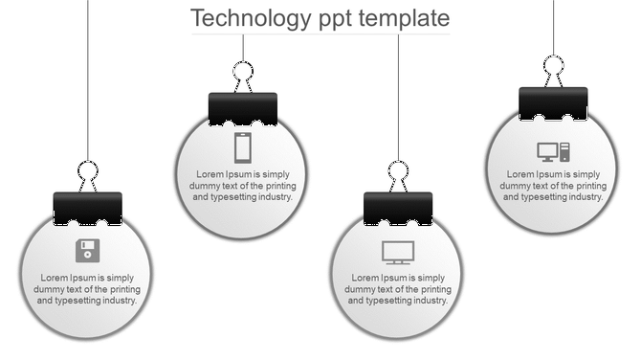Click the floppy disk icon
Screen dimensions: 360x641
click(87, 251)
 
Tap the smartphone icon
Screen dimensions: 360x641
click(243, 147)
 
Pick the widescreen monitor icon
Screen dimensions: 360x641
click(398, 252)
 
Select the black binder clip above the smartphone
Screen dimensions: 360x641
click(243, 109)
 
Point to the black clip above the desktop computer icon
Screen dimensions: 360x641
click(553, 103)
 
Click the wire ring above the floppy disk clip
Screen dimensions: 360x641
click(88, 173)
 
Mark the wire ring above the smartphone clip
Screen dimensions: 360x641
click(243, 73)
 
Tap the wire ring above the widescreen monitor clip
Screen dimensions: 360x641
click(398, 172)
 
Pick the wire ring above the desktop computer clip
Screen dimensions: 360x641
click(554, 67)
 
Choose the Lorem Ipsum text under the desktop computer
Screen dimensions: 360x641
click(554, 186)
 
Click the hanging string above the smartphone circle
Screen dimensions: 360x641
click(243, 48)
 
